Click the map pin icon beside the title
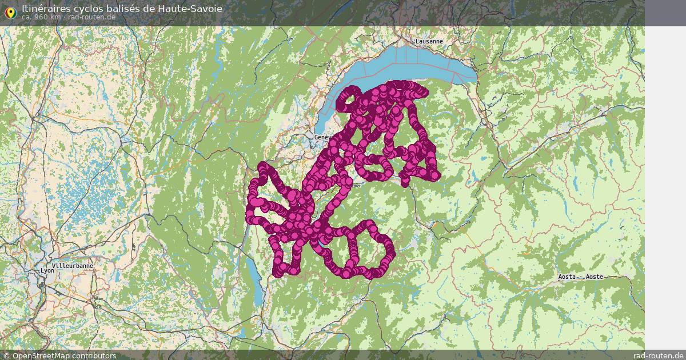(10, 11)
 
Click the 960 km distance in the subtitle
(47, 17)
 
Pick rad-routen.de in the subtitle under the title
(91, 17)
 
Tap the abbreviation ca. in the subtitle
(27, 17)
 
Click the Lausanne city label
(429, 41)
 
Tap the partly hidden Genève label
(321, 138)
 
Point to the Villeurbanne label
(72, 266)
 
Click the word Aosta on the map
(568, 277)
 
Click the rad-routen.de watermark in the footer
(659, 355)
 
